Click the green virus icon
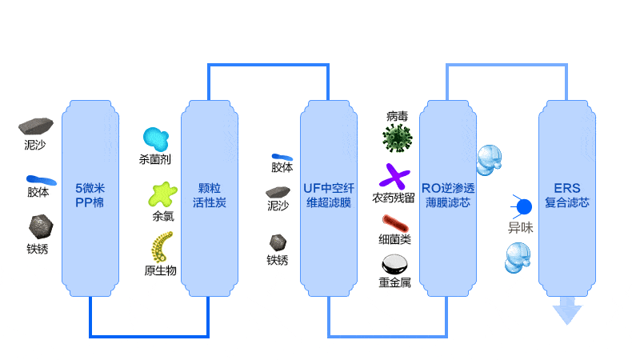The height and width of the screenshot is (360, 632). click(398, 138)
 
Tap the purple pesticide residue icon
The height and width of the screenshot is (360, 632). click(394, 177)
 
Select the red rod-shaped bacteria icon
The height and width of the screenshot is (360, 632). click(395, 223)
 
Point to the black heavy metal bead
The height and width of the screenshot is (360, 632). click(394, 265)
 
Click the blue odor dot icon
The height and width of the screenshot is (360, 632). click(522, 207)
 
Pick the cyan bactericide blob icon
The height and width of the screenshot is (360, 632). click(156, 139)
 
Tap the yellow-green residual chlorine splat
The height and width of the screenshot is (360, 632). click(162, 194)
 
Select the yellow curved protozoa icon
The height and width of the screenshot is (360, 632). click(162, 246)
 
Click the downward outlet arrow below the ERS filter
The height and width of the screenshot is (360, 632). click(567, 310)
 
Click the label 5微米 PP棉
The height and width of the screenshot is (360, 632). click(90, 195)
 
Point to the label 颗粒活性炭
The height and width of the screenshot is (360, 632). click(209, 195)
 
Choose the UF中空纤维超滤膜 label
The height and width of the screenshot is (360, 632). click(329, 195)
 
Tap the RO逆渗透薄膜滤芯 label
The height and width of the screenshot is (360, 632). click(448, 195)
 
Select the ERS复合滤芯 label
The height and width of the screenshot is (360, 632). click(567, 195)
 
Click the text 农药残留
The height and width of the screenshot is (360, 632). click(394, 198)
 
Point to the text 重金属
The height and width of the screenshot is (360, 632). click(394, 282)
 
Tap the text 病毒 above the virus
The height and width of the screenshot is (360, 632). click(397, 117)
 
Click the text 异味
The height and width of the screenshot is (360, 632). click(520, 228)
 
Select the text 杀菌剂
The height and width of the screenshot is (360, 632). click(154, 160)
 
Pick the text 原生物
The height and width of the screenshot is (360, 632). click(161, 270)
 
